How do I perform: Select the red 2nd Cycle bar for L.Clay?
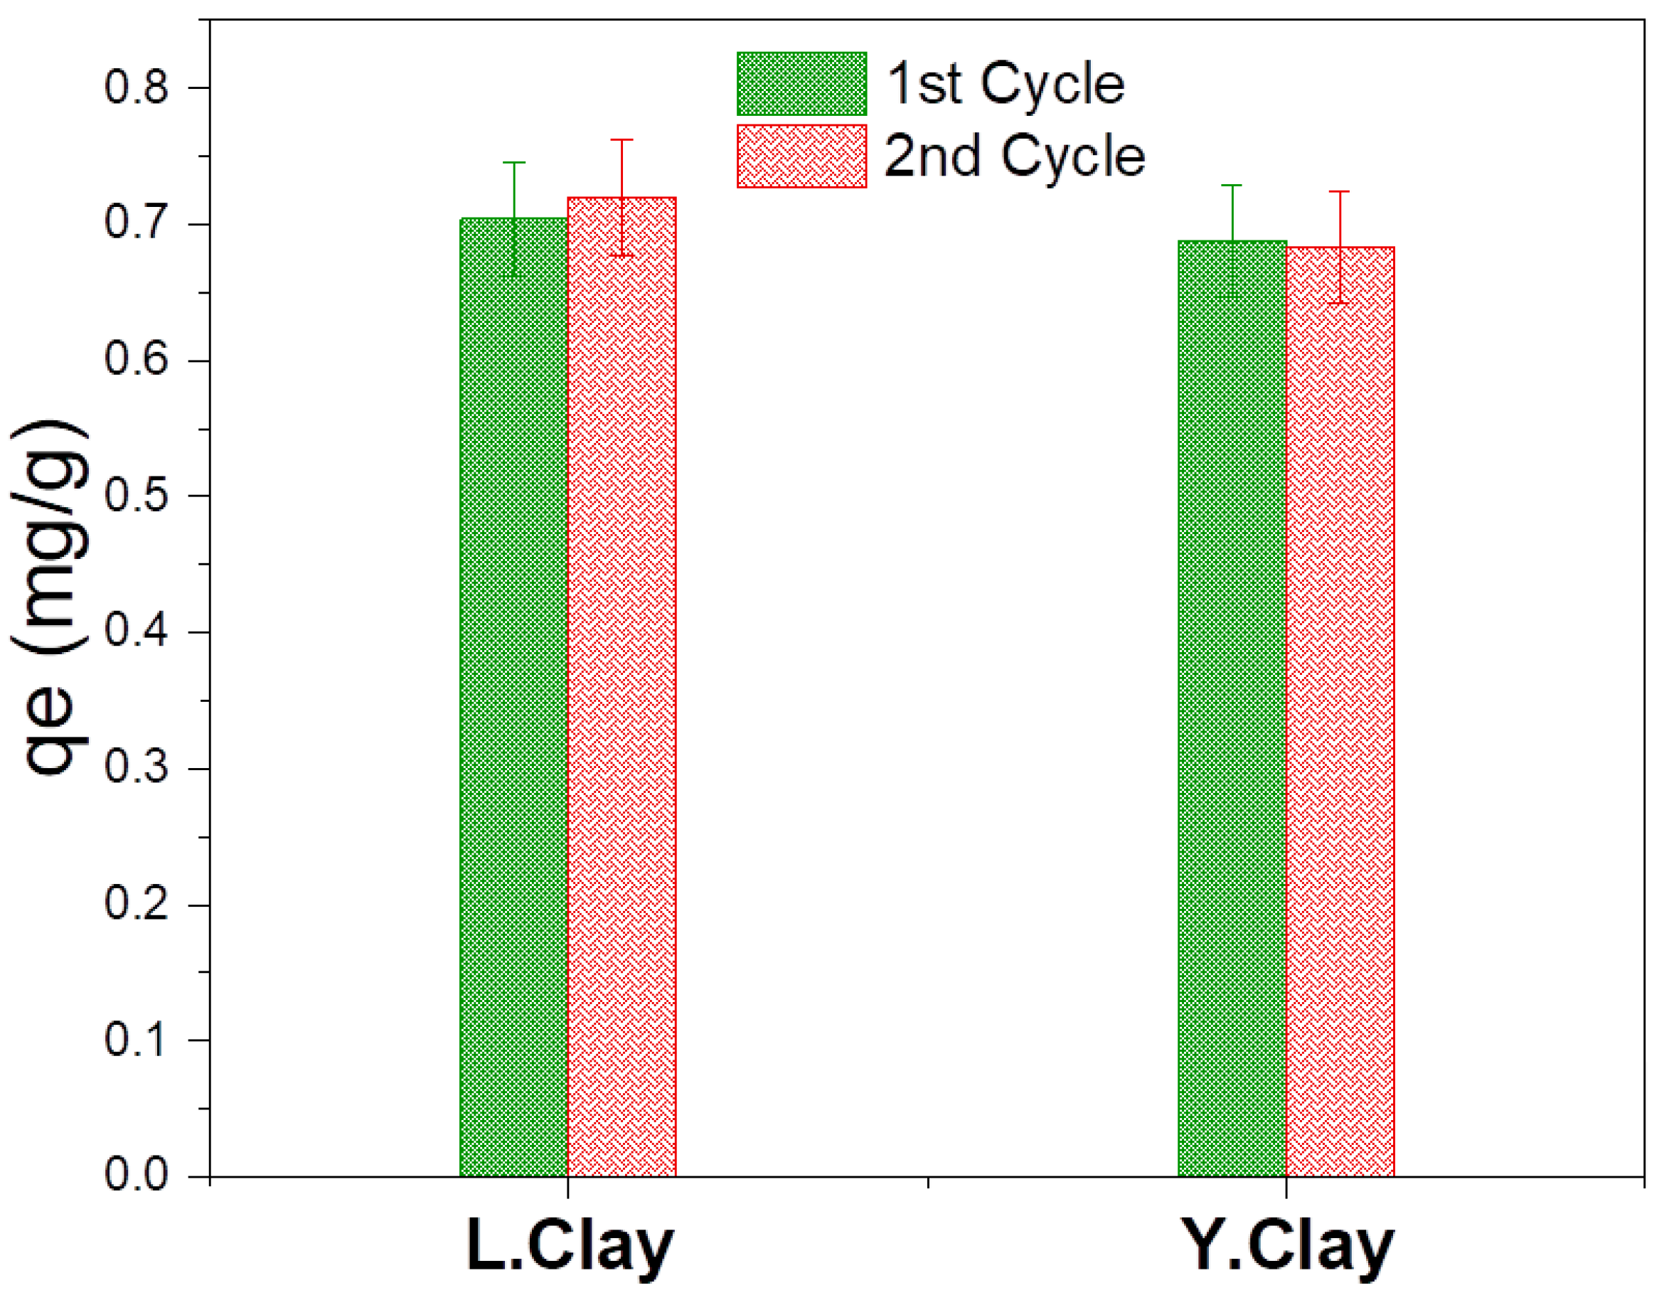622,686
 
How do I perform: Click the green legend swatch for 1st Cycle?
801,84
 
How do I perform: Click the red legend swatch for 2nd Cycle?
801,156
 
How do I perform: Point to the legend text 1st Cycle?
1006,84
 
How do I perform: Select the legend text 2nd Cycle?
1015,156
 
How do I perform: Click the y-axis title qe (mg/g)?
50,598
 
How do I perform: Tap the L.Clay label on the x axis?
569,1247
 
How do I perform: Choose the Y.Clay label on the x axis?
1287,1247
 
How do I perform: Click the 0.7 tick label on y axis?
136,223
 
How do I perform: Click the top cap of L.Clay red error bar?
622,139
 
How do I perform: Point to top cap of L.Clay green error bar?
514,162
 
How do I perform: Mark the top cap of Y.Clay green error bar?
1232,185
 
